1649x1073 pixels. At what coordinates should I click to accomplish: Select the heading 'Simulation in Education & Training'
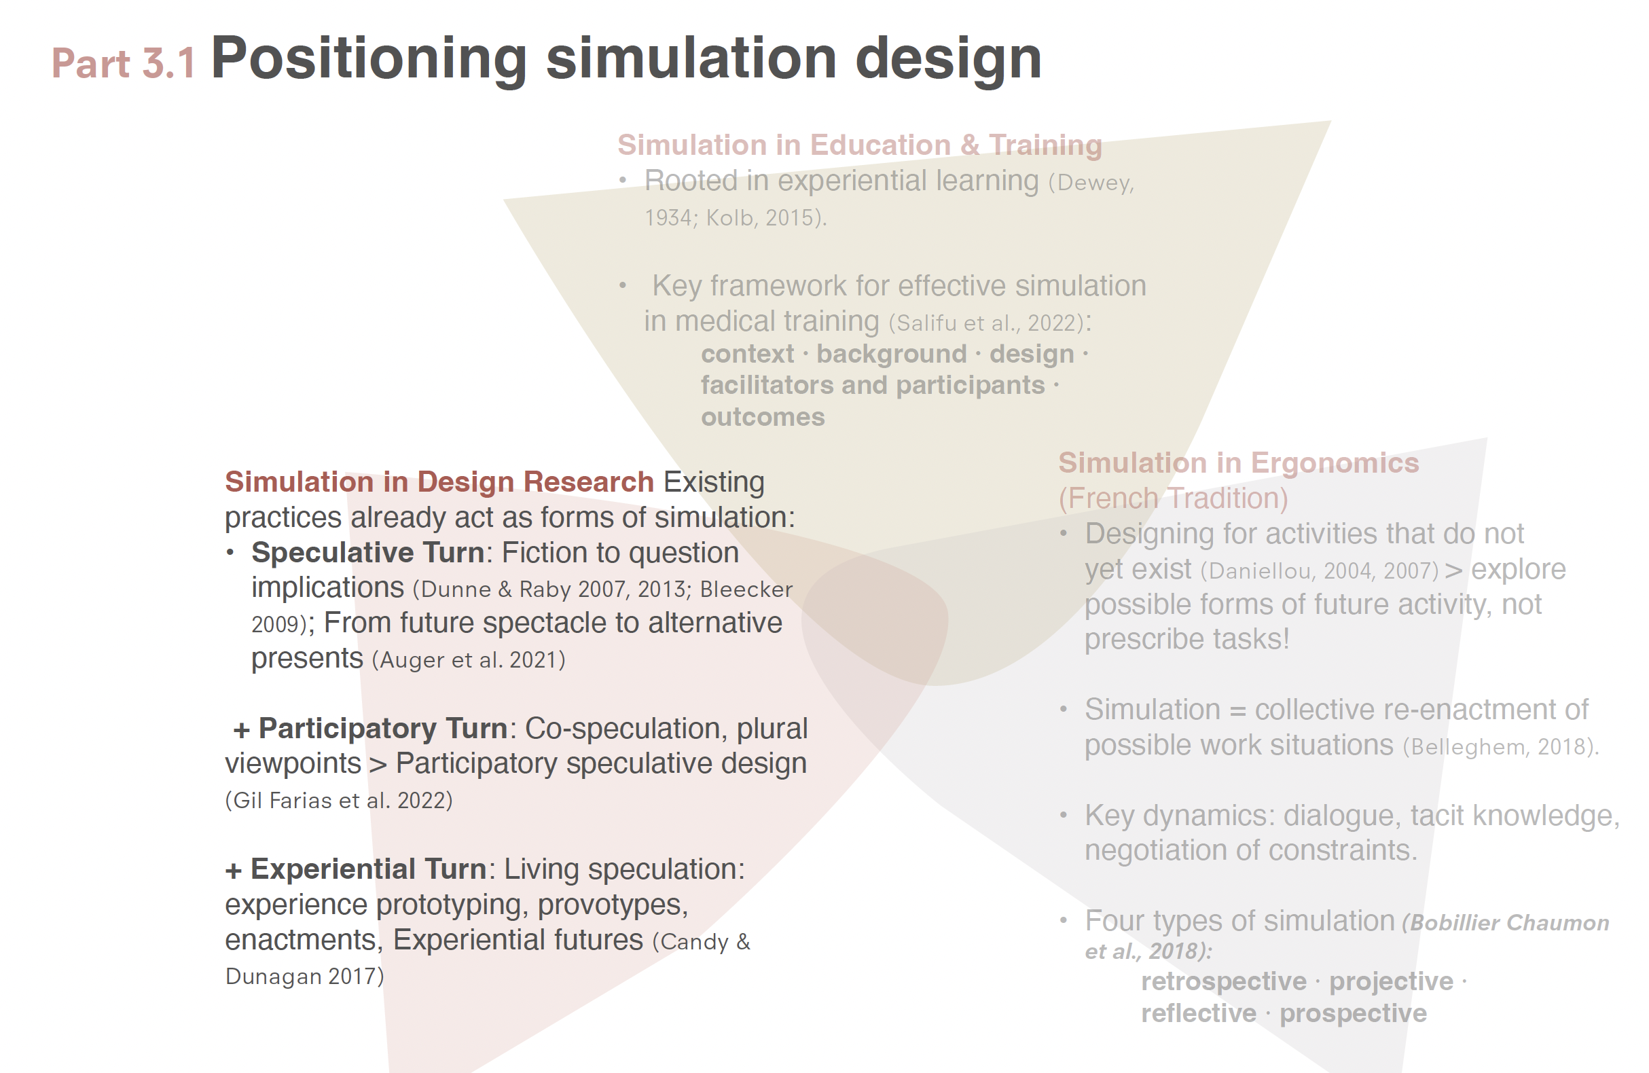860,145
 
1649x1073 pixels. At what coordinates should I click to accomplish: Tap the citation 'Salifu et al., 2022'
987,323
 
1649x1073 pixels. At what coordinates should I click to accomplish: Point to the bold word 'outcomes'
763,417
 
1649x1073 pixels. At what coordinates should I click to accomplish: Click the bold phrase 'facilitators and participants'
873,385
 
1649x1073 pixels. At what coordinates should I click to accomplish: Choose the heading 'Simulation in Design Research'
439,481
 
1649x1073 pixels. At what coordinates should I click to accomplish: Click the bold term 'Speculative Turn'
368,553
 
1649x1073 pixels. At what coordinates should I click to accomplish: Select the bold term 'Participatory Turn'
383,728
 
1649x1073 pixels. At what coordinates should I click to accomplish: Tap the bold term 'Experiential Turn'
369,869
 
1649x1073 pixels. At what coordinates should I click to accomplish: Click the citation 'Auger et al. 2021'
469,660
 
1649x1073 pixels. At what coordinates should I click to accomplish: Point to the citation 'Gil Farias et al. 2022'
339,801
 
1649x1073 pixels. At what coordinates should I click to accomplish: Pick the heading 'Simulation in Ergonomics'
1239,462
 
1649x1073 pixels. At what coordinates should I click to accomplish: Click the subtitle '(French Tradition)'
1173,498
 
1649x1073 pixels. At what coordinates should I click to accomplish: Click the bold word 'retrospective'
1224,981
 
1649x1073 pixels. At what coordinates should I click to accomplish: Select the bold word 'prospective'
1353,1013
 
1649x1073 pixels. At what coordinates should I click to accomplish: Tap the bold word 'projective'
1391,981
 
